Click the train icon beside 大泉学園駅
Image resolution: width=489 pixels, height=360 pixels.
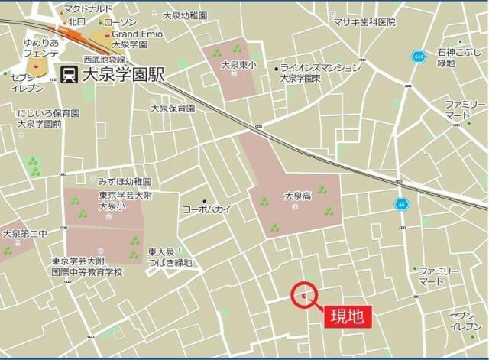69,75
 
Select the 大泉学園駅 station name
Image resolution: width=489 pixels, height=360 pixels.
122,75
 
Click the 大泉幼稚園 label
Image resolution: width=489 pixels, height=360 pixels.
184,15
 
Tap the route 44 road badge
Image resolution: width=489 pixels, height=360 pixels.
402,204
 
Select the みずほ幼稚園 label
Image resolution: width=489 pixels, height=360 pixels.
125,182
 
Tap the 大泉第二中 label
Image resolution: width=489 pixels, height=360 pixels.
24,234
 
